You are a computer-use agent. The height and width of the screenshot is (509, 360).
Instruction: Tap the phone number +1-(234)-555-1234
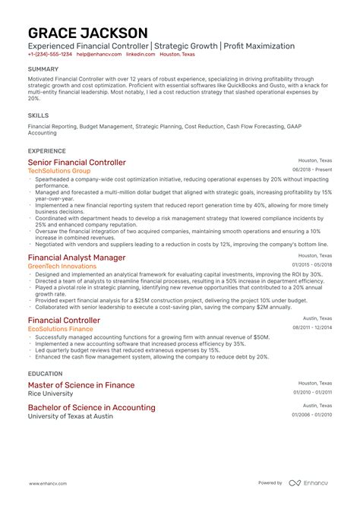50,55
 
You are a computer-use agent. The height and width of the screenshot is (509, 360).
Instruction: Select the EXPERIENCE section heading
46,150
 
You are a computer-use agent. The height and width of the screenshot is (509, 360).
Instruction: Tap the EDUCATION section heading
46,374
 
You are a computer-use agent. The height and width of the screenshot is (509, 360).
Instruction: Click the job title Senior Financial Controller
77,163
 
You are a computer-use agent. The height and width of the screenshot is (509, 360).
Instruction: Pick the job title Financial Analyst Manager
77,257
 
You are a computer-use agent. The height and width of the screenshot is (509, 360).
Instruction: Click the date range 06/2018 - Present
312,170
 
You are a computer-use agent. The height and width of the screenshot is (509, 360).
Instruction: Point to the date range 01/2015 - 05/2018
312,264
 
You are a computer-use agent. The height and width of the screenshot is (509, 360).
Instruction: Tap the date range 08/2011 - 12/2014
312,327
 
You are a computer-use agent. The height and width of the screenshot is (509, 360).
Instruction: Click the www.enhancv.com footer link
50,483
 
